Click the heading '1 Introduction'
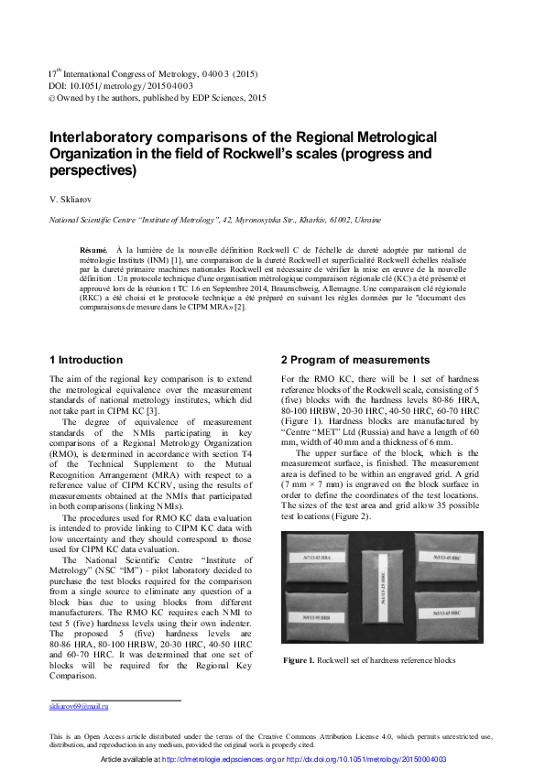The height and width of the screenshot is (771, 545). pos(85,360)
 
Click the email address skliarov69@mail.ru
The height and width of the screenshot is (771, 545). pos(79,706)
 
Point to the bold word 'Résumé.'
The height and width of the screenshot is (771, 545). pos(94,249)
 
